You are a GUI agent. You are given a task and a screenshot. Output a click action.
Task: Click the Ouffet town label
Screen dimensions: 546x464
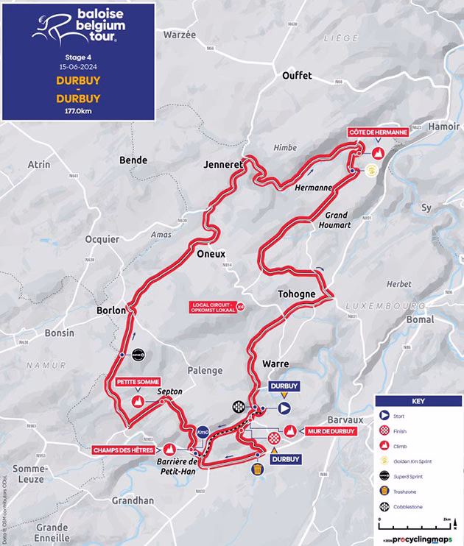[x=297, y=75]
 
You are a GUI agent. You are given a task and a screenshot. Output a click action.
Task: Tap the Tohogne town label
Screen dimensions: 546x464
[x=297, y=294]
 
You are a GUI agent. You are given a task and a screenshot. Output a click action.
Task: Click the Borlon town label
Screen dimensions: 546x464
[x=111, y=311]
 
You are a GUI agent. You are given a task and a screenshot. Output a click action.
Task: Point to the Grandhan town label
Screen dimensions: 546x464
[x=134, y=500]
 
